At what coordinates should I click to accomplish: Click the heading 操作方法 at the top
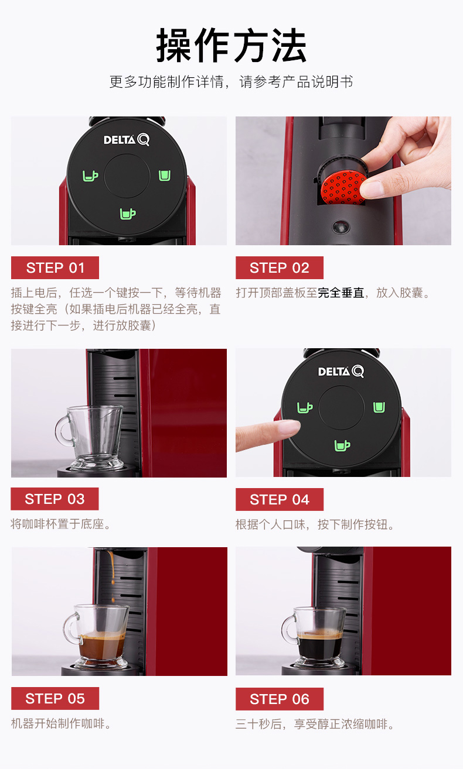click(x=231, y=45)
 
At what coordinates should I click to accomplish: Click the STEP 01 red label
click(x=55, y=268)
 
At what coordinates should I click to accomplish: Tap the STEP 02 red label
click(x=280, y=268)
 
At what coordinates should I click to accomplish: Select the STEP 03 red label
click(x=55, y=499)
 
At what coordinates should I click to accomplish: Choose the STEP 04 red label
click(x=280, y=500)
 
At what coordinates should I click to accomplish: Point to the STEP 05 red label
click(x=55, y=698)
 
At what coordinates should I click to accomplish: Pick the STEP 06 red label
click(x=280, y=699)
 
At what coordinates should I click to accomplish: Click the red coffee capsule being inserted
click(x=342, y=188)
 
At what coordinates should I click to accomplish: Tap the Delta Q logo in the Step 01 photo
click(x=127, y=139)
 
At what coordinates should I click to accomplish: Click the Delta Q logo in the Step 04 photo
click(x=341, y=371)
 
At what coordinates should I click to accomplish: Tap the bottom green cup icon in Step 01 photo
click(x=128, y=214)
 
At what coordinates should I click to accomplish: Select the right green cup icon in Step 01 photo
click(x=165, y=176)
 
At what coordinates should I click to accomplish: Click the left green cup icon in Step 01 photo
click(x=90, y=176)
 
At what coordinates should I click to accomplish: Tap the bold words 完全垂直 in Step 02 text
click(x=341, y=293)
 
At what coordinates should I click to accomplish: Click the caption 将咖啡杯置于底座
click(x=57, y=524)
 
